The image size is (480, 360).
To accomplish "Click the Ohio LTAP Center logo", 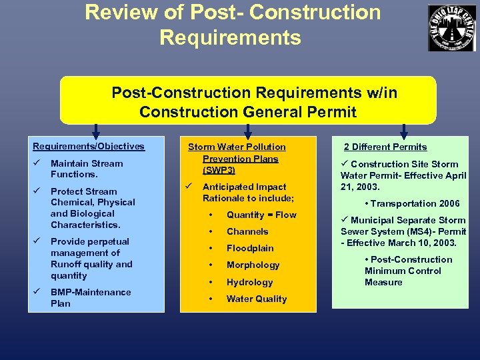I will point(452,27).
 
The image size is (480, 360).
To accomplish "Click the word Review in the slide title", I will point(117,12).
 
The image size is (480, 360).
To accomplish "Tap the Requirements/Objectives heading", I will point(89,147).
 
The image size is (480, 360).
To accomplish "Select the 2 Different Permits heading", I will point(385,147).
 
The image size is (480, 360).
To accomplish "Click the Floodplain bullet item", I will point(250,248).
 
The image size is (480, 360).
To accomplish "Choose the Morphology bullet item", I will point(253,265).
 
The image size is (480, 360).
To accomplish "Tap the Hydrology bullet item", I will point(249,282).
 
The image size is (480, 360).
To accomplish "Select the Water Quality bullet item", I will point(257,299).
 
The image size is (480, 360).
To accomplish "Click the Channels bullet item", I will point(247,231).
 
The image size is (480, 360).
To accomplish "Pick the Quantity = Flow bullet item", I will point(261,215).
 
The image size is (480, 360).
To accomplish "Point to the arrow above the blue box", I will point(96,130).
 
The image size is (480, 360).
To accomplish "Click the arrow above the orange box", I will point(249,130).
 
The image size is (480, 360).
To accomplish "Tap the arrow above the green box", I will point(403,130).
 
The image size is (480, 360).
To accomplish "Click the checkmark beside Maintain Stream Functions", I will point(38,163).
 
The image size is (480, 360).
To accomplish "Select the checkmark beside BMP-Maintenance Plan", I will point(38,292).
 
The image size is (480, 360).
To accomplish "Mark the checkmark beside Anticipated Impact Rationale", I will point(191,187).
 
